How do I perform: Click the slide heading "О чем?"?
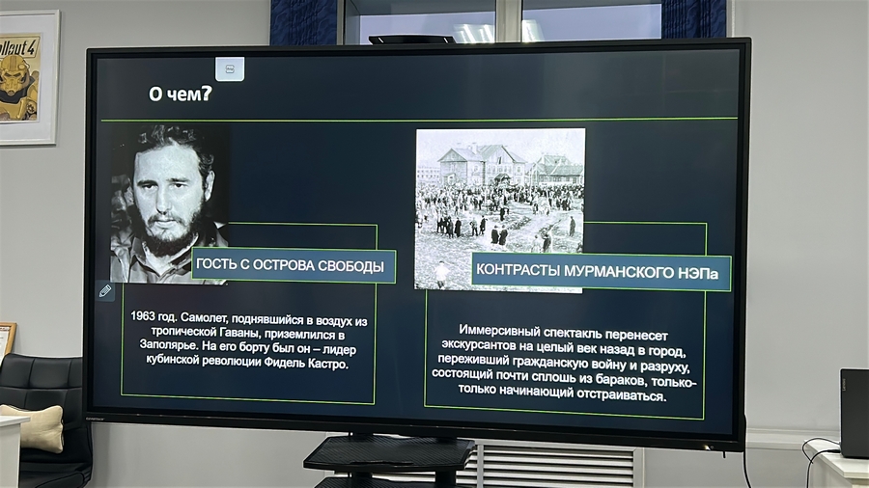point(181,94)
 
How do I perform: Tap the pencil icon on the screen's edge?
point(104,291)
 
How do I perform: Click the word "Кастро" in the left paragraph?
point(330,364)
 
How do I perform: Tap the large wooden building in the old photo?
point(482,163)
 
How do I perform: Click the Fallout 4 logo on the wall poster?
point(19,46)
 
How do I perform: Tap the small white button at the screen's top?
point(230,69)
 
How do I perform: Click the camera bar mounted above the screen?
point(411,40)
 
